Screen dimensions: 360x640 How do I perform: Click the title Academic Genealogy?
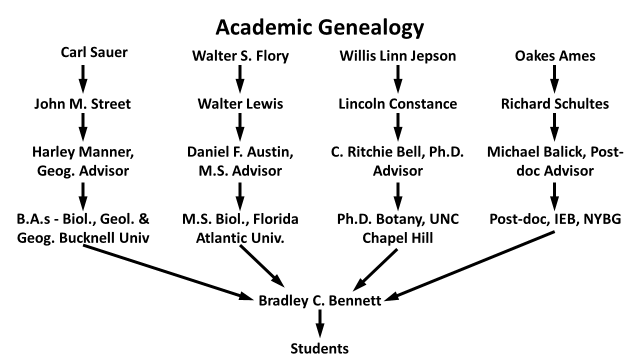(x=319, y=28)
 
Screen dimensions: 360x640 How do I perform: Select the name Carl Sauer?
(x=94, y=52)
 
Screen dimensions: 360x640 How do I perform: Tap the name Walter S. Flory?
(x=240, y=55)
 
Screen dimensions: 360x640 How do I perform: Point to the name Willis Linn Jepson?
(x=397, y=55)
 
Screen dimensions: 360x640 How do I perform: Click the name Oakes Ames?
(x=555, y=55)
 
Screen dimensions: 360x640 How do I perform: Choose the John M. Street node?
(x=82, y=104)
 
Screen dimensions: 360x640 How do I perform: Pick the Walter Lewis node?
(x=240, y=104)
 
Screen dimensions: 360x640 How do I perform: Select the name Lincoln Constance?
(x=397, y=104)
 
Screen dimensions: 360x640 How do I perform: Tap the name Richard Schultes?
(x=555, y=104)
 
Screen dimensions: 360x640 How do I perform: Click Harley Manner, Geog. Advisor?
(x=82, y=161)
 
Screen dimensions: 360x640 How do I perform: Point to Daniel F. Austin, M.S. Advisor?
(x=240, y=161)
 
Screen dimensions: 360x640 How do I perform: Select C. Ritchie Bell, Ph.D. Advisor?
(x=397, y=161)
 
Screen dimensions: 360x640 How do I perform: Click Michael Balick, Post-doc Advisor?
(x=555, y=161)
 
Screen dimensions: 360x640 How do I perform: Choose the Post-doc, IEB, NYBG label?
(x=555, y=219)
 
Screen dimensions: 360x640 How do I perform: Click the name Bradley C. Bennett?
(x=320, y=301)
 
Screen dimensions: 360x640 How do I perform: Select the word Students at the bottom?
(x=320, y=347)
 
